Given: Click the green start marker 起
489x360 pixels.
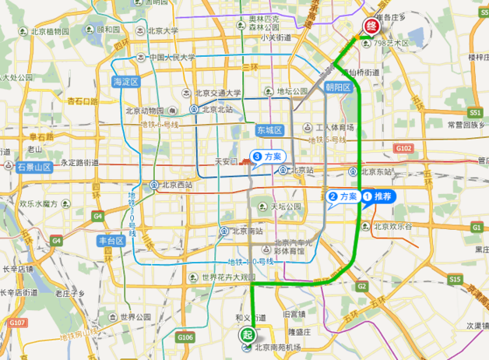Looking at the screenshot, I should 247,334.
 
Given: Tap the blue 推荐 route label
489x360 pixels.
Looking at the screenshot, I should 380,196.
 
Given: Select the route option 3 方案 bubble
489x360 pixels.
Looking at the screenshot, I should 267,157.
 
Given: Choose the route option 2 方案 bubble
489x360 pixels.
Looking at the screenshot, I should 343,196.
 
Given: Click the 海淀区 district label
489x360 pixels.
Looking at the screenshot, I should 125,82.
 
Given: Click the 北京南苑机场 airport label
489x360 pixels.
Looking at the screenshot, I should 277,348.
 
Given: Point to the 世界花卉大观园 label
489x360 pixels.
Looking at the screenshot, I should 228,277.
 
